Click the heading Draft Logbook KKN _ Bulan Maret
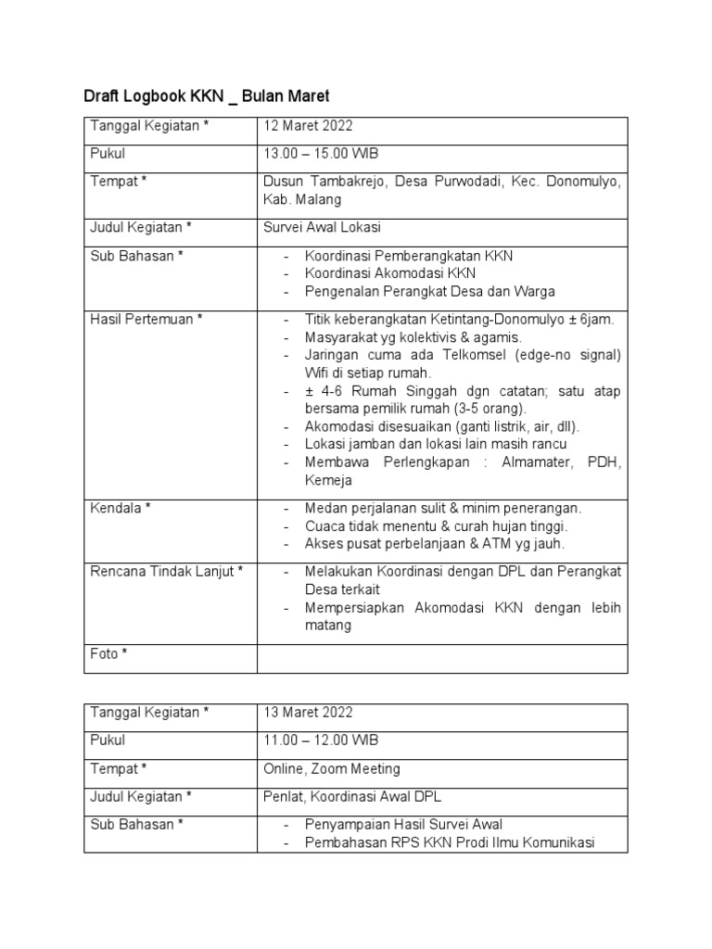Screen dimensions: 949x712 (x=207, y=95)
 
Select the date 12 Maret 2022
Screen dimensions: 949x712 (x=308, y=127)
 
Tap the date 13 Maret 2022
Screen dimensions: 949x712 (x=308, y=713)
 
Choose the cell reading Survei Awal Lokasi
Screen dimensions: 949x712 (x=323, y=227)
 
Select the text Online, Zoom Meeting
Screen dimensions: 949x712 (x=332, y=768)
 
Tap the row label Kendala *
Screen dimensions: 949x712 (x=120, y=508)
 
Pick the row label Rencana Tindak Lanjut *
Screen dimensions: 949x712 (x=166, y=572)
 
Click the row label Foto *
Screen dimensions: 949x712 (x=108, y=654)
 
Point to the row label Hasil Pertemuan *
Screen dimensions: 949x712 (x=146, y=319)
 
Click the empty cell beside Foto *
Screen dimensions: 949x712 (x=442, y=658)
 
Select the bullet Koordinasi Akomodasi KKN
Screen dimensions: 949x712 (x=390, y=273)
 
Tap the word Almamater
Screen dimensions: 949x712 (x=536, y=462)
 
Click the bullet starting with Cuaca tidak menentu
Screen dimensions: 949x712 (x=436, y=526)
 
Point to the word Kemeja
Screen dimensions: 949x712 (x=328, y=481)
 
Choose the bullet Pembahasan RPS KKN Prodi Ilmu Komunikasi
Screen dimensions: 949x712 (x=449, y=842)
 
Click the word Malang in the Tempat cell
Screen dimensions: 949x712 (x=320, y=199)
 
